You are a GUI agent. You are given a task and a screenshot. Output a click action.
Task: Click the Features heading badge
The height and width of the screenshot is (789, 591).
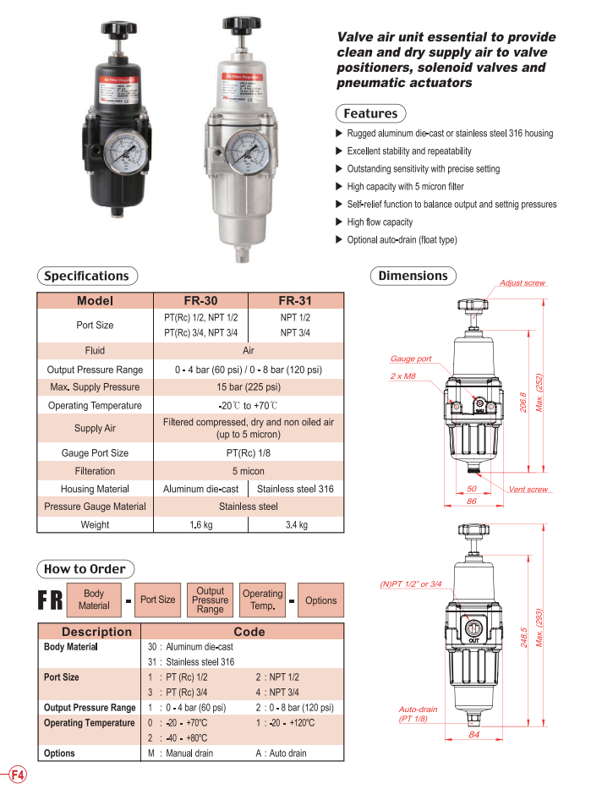click(x=370, y=113)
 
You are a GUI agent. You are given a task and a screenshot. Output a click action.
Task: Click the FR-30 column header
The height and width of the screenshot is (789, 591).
click(x=200, y=300)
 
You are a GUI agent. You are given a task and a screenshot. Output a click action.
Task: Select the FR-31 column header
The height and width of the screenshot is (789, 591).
click(x=295, y=300)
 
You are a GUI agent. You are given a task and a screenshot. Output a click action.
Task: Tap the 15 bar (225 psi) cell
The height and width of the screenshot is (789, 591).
click(x=249, y=387)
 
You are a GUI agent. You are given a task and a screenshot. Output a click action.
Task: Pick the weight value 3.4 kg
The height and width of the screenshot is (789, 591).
click(x=295, y=525)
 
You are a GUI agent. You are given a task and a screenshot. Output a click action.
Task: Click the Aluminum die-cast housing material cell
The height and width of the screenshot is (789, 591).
click(x=200, y=489)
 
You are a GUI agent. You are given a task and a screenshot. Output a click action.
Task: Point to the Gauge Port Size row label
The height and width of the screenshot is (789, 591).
click(x=95, y=453)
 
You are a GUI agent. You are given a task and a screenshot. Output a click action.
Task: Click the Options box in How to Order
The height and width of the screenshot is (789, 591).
click(x=320, y=600)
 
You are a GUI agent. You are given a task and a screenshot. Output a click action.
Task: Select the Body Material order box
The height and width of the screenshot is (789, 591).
click(x=94, y=600)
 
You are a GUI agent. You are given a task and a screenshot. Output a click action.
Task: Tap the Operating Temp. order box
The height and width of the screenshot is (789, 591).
click(x=262, y=600)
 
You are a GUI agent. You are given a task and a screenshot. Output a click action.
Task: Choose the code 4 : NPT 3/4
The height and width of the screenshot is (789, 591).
click(x=276, y=693)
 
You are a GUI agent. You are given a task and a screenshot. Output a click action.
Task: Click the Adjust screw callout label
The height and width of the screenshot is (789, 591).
click(x=522, y=283)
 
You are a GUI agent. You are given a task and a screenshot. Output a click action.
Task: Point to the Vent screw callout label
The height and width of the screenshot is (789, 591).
click(x=528, y=490)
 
